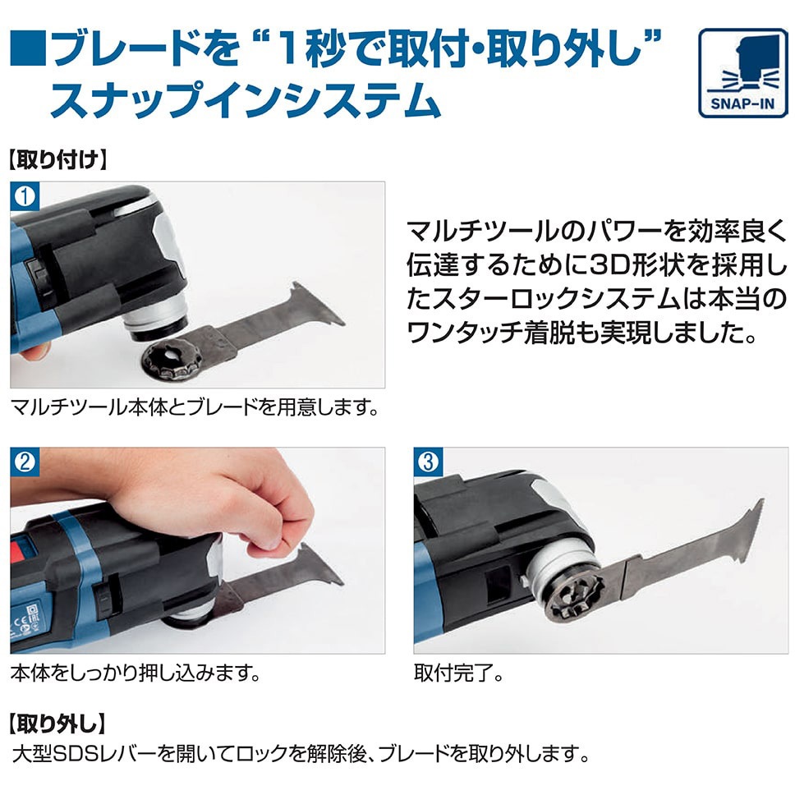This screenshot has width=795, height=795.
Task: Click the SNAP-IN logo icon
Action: click(x=742, y=73)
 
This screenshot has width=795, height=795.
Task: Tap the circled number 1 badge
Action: click(x=25, y=196)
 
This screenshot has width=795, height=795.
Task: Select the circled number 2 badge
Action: click(x=25, y=462)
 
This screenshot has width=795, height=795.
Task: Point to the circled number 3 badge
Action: click(x=428, y=462)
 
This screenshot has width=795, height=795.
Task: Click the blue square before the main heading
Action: click(x=29, y=48)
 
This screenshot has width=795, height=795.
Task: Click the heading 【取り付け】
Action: click(x=57, y=159)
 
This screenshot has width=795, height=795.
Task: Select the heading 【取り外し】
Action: click(x=57, y=724)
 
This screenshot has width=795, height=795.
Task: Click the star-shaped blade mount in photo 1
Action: click(x=172, y=359)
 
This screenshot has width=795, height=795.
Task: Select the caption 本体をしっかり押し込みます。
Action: click(x=136, y=673)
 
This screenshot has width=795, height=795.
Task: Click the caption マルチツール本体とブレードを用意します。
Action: click(x=195, y=407)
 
